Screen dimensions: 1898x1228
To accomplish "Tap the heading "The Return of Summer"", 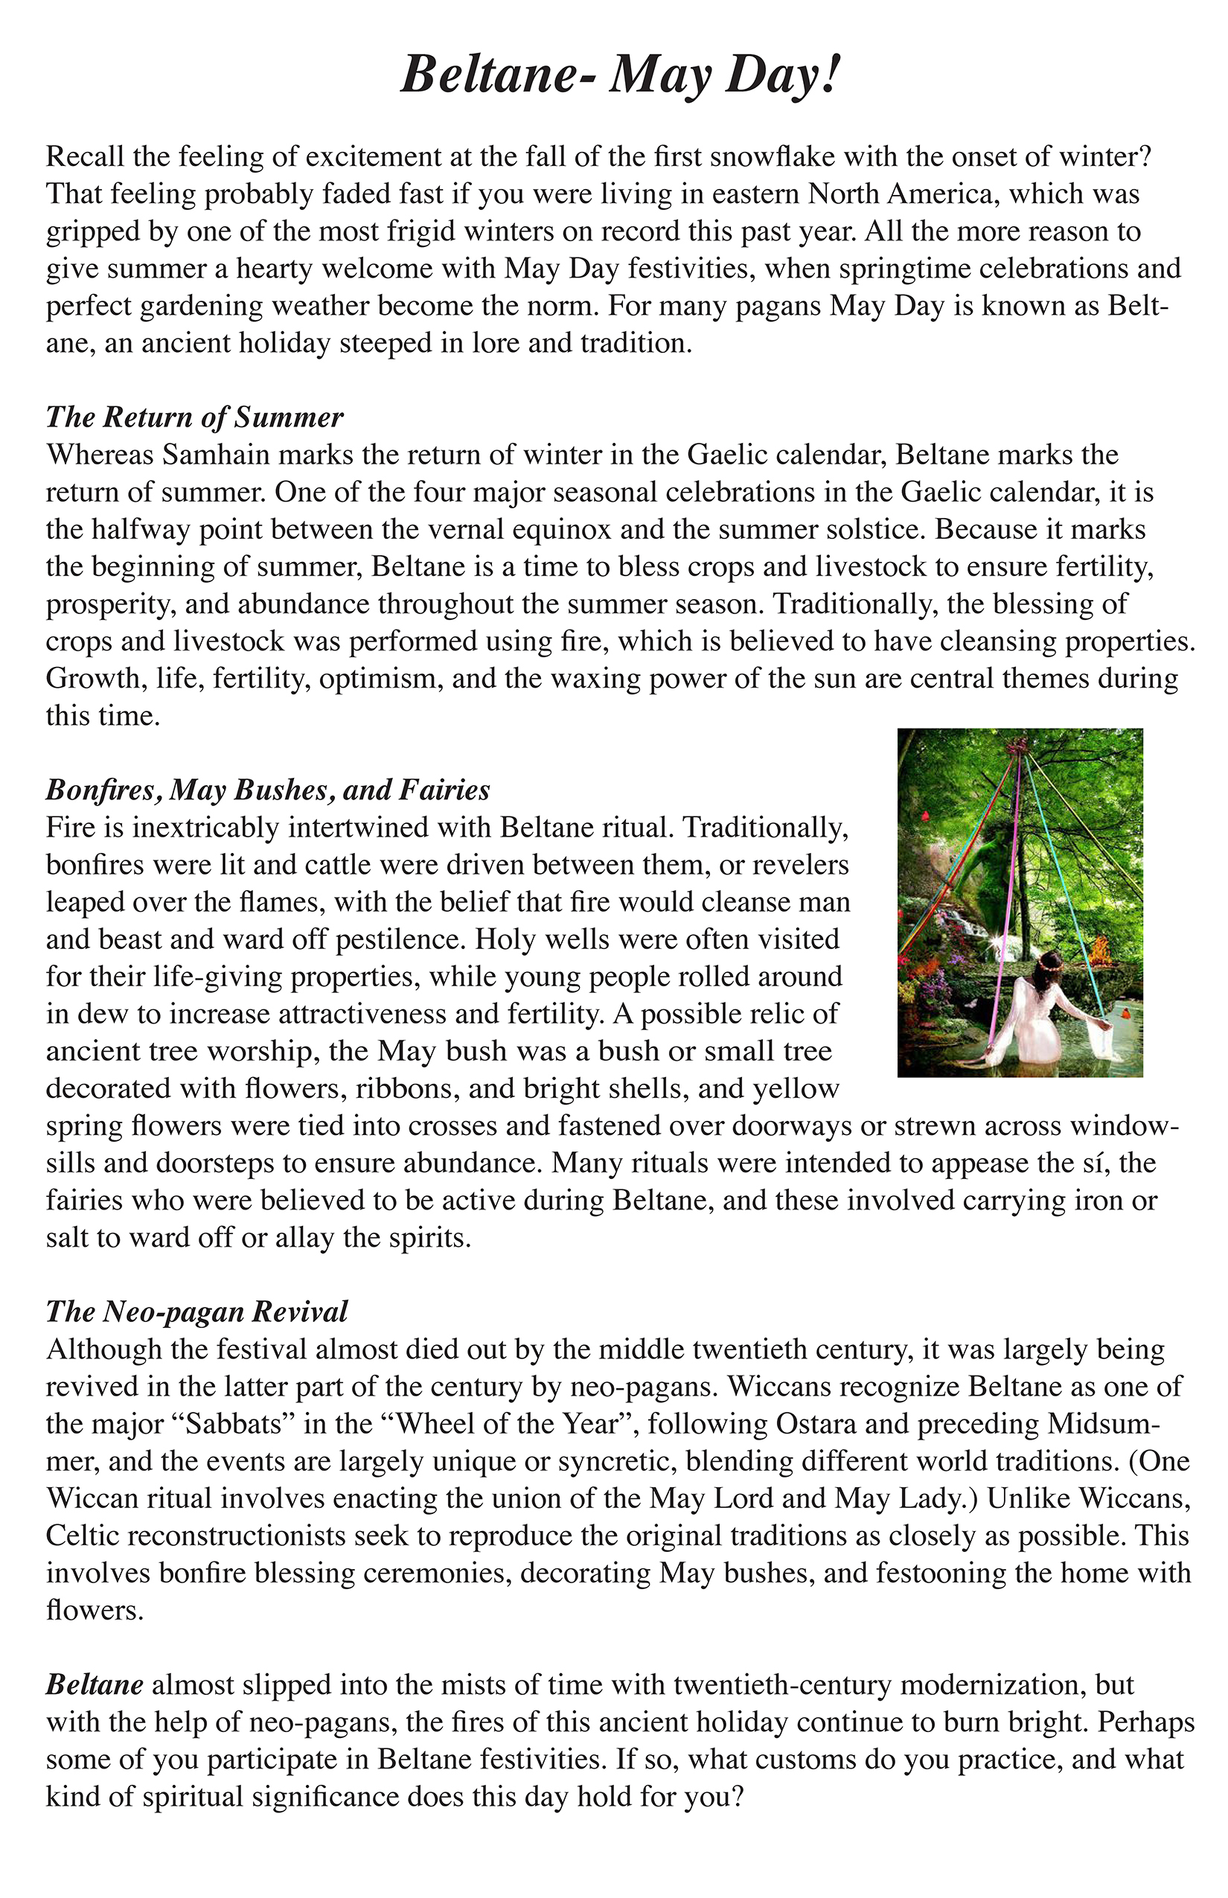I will [x=194, y=417].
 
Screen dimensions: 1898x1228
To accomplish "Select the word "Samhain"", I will [x=211, y=455].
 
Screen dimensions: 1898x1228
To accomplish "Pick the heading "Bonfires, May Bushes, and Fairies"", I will [x=268, y=790].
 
